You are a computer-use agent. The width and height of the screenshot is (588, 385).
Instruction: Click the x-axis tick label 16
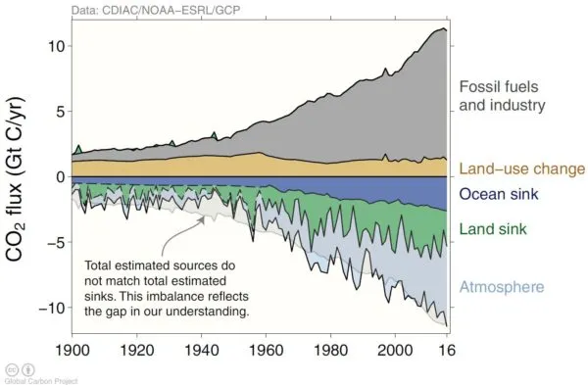pos(447,350)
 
